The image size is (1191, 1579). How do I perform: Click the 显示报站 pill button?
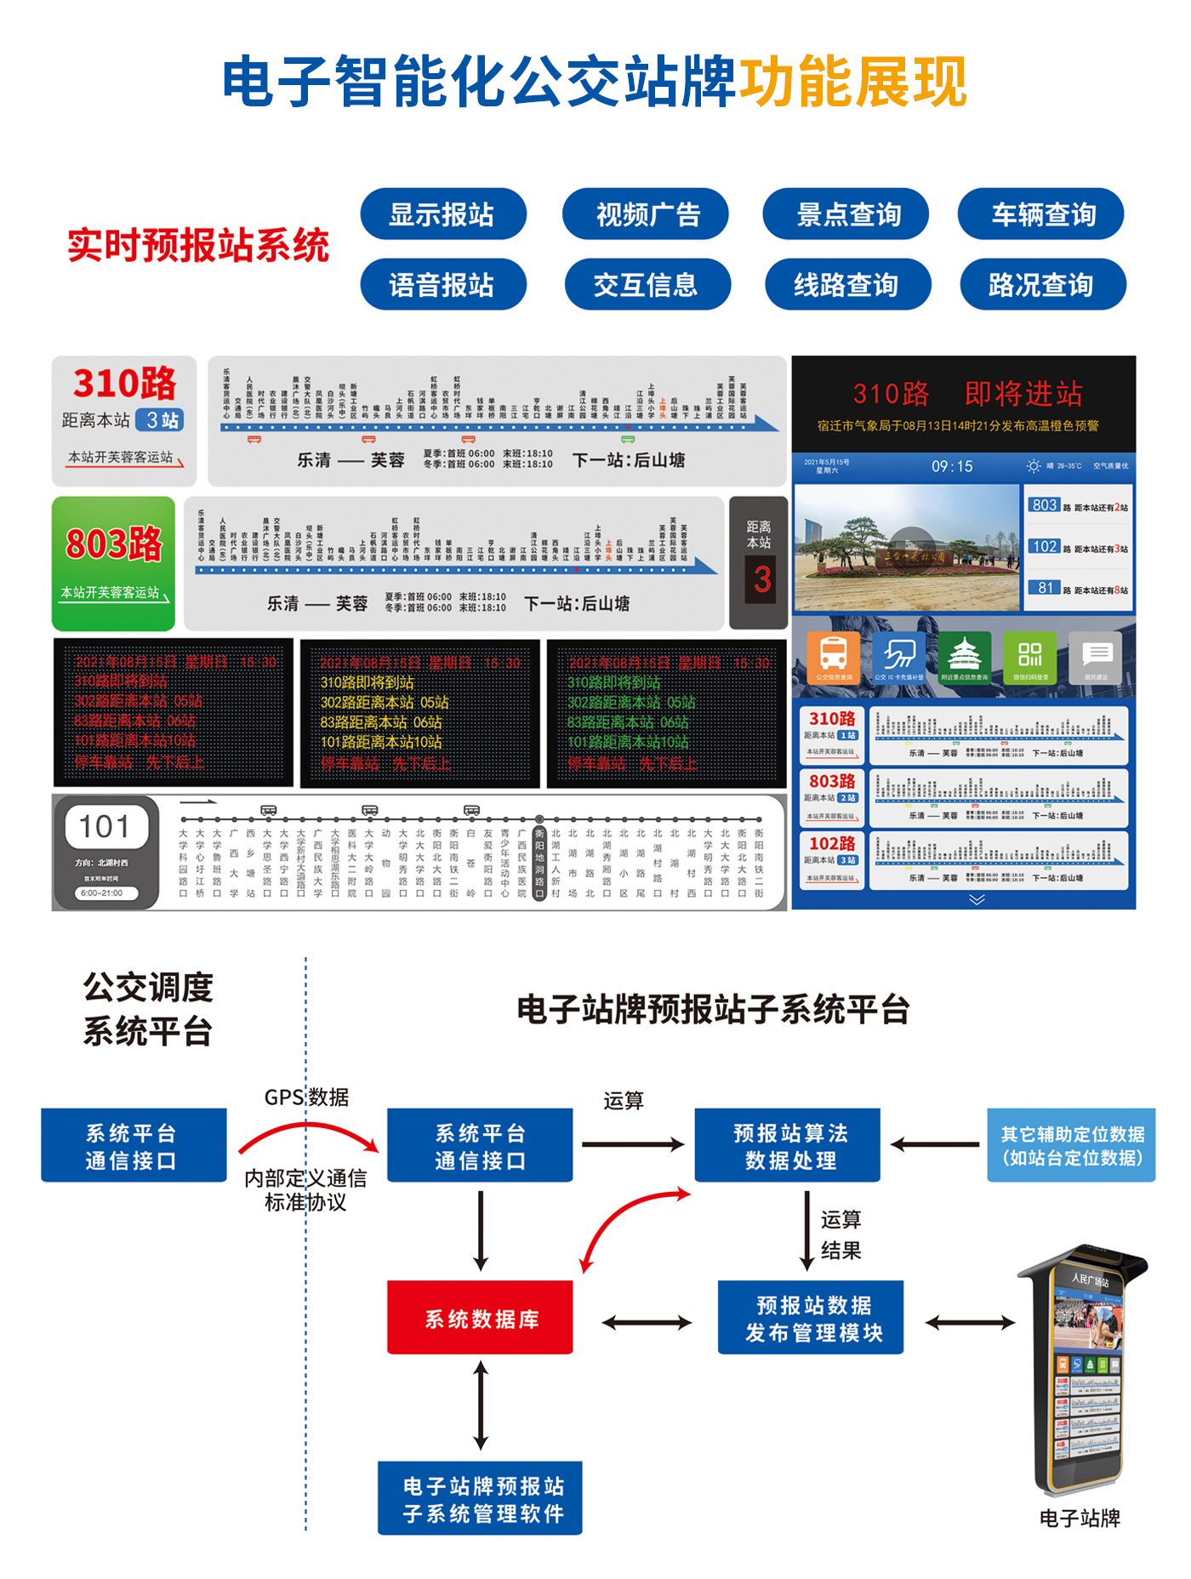point(442,214)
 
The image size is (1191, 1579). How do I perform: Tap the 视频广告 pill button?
point(647,214)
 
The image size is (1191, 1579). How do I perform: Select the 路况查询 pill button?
point(1042,285)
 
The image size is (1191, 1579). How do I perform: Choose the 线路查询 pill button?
point(847,285)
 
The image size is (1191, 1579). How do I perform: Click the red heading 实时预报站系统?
point(198,246)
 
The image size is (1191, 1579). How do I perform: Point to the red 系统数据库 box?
point(481,1318)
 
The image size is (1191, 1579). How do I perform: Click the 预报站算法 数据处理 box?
point(788,1145)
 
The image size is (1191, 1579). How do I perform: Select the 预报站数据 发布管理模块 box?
point(811,1318)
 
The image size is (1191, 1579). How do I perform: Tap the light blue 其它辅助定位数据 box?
point(1071,1145)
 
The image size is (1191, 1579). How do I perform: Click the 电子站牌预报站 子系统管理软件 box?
point(481,1498)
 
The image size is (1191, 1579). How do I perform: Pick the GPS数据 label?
point(306,1097)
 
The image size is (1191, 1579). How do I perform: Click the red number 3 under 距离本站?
point(761,580)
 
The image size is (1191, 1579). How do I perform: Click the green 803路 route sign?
point(114,545)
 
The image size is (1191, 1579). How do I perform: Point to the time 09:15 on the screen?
point(952,466)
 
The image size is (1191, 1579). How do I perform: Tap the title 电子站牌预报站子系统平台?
point(713,1010)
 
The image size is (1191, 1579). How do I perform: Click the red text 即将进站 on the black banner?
point(1023,394)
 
